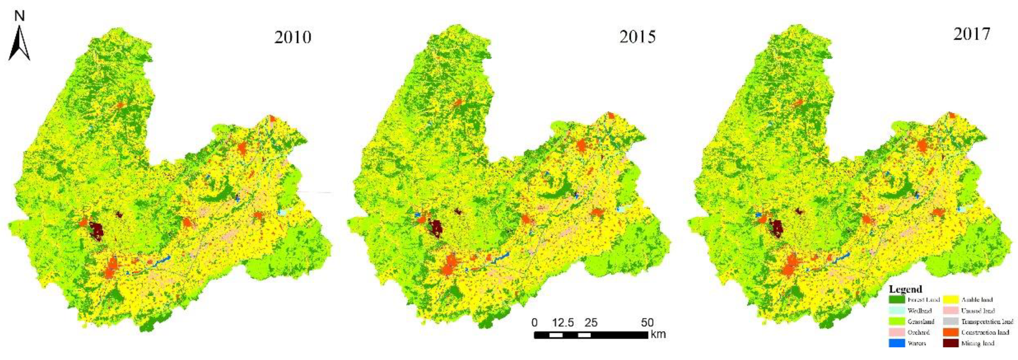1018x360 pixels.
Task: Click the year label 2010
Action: (293, 37)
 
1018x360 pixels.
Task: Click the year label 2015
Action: (637, 37)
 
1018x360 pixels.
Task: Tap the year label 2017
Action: (972, 34)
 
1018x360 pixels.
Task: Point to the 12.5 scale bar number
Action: (563, 323)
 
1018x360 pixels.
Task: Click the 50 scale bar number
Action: (647, 323)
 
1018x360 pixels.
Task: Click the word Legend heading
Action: (905, 289)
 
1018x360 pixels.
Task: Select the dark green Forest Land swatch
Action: (897, 300)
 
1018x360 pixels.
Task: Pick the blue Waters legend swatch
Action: (897, 343)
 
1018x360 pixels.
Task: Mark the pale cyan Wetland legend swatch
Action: (897, 310)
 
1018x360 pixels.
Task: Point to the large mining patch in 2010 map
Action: (96, 231)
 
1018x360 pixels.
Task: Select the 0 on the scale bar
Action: (535, 323)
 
